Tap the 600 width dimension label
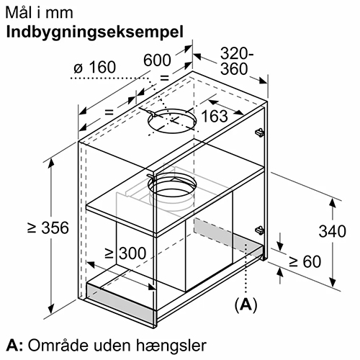point(157,60)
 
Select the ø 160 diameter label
point(95,67)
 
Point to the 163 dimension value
point(215,116)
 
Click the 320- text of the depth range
point(237,53)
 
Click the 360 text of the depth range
point(234,69)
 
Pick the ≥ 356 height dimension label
point(48,228)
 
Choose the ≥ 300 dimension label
point(125,253)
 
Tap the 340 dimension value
point(333,231)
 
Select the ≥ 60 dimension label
point(305,261)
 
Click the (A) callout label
point(246,305)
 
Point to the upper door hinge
point(259,132)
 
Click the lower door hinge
point(259,230)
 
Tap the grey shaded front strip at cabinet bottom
point(120,302)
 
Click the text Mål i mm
point(39,13)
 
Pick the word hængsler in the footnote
point(171,346)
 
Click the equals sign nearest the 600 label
point(164,78)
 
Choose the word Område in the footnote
point(59,345)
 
